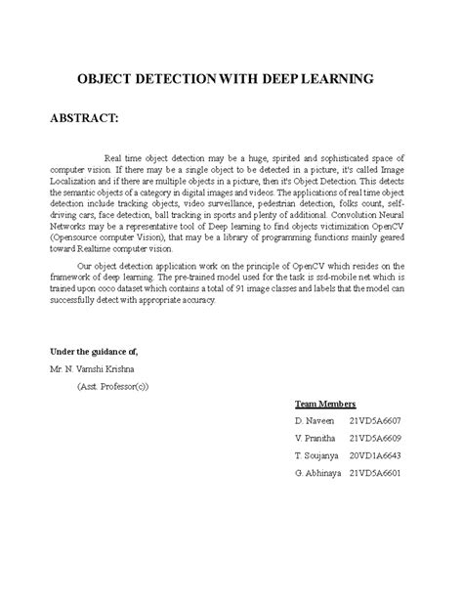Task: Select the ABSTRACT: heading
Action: coord(84,118)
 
